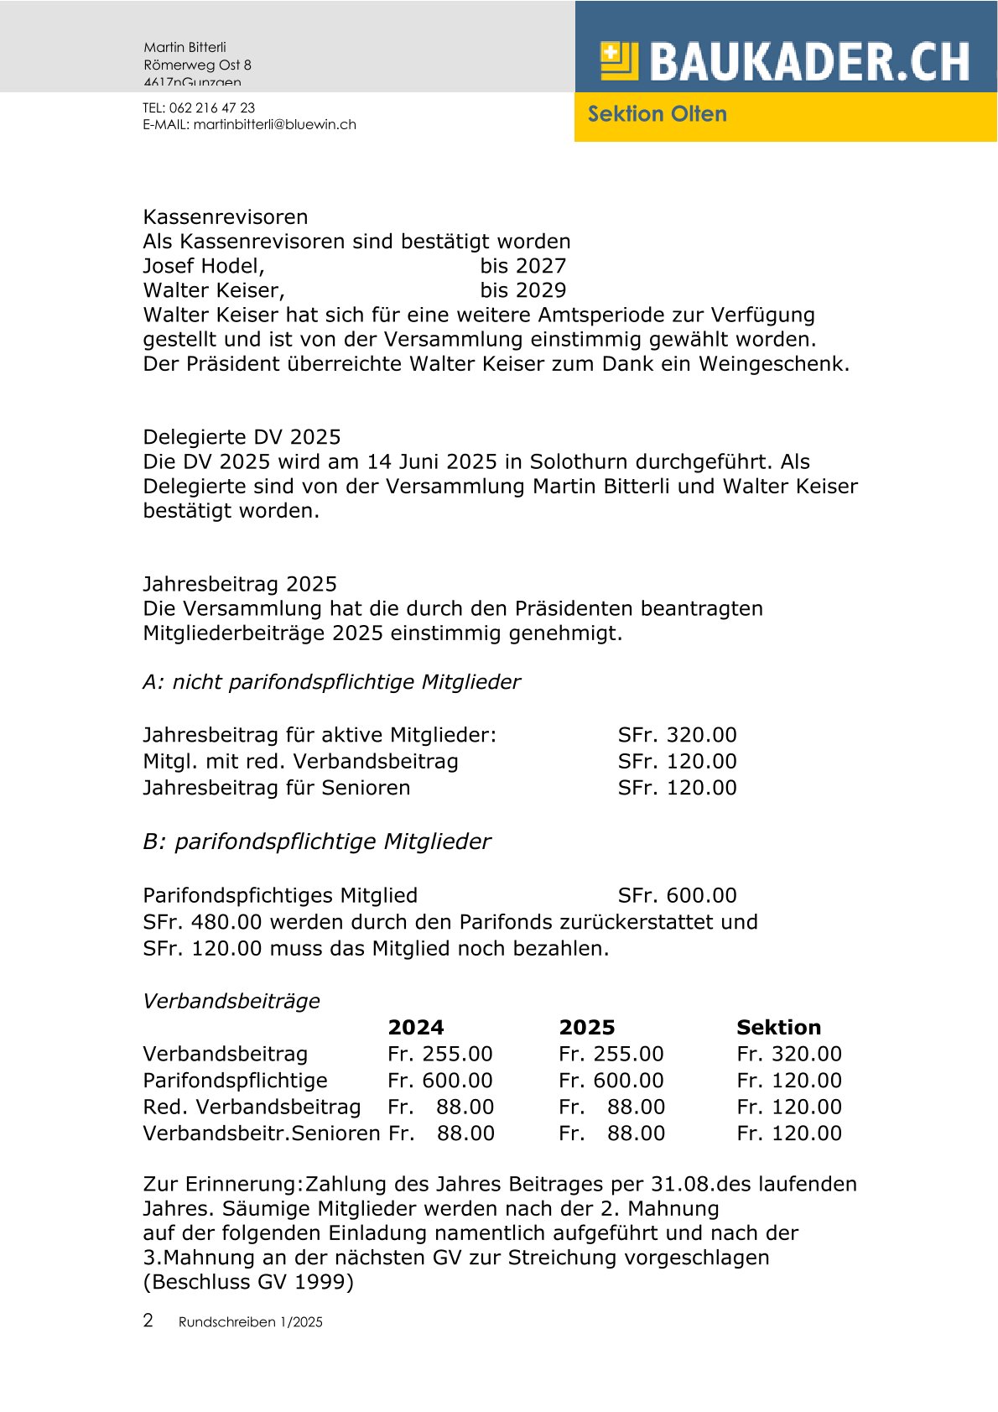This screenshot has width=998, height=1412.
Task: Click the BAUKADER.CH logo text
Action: pyautogui.click(x=809, y=61)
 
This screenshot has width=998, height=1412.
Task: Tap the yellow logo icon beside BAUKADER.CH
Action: pyautogui.click(x=619, y=61)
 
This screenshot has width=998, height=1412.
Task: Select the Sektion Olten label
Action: pyautogui.click(x=657, y=114)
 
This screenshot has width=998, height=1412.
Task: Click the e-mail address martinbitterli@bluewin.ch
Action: pyautogui.click(x=275, y=124)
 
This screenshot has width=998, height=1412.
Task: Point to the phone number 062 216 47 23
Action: pyautogui.click(x=212, y=107)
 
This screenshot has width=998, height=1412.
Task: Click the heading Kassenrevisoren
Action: pyautogui.click(x=226, y=217)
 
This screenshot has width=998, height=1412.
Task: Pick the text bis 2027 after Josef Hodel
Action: pyautogui.click(x=522, y=266)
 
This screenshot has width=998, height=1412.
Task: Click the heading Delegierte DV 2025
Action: pyautogui.click(x=242, y=437)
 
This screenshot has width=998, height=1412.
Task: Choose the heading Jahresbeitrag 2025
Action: pyautogui.click(x=240, y=584)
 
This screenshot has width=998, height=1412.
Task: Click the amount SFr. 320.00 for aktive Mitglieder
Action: pyautogui.click(x=677, y=735)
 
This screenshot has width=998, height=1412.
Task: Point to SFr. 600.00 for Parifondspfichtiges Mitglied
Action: pyautogui.click(x=677, y=895)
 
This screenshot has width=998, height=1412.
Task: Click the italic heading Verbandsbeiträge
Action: pyautogui.click(x=231, y=1001)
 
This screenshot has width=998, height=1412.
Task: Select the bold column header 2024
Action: pyautogui.click(x=416, y=1027)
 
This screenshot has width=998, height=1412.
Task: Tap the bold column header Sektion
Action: pyautogui.click(x=778, y=1027)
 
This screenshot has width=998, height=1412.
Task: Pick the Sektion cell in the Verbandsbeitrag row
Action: pyautogui.click(x=788, y=1054)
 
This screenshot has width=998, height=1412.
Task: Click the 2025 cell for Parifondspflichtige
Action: pyautogui.click(x=611, y=1081)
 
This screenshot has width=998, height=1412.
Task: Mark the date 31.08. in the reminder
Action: pyautogui.click(x=683, y=1184)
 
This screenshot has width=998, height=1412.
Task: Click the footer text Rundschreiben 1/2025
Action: pyautogui.click(x=250, y=1322)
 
